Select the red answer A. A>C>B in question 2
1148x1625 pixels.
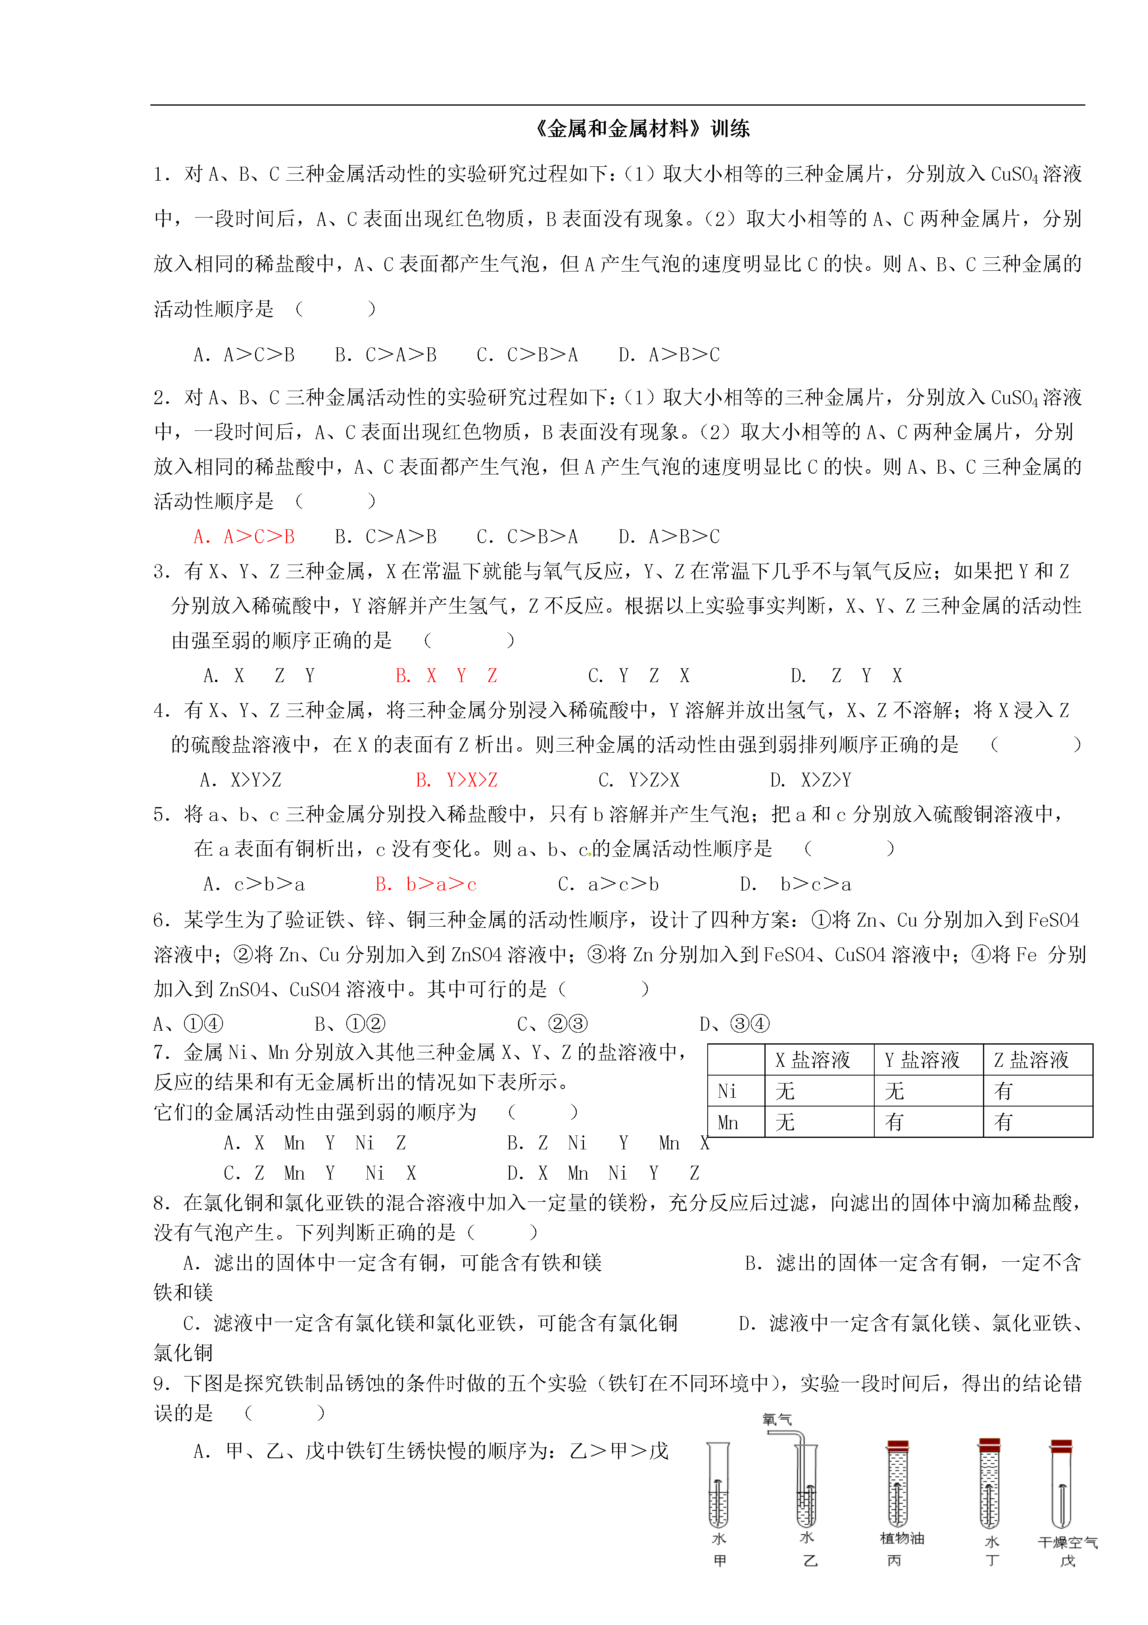[244, 536]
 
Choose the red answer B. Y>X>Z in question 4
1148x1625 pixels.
[456, 780]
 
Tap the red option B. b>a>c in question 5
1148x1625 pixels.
[426, 884]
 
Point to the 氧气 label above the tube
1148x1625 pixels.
[777, 1419]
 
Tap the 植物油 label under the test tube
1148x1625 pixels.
[902, 1538]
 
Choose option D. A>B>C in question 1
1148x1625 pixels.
[669, 355]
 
